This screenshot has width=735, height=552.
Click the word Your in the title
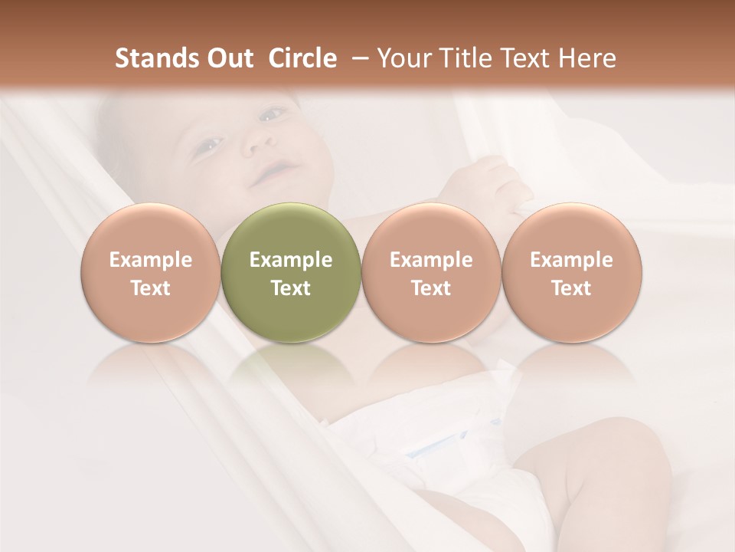[x=402, y=58]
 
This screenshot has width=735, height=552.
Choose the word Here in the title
[x=586, y=58]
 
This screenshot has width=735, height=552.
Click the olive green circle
[x=291, y=273]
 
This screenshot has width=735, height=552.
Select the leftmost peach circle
[x=150, y=273]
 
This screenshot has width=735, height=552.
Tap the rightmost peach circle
[x=571, y=273]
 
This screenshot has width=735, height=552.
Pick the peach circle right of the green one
[x=431, y=273]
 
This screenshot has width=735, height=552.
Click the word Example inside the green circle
[x=291, y=260]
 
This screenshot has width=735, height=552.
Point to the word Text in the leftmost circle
[x=150, y=288]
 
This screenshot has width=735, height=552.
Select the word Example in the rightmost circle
[x=571, y=260]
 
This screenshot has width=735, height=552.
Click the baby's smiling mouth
[x=275, y=171]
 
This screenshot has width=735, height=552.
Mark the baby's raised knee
[x=590, y=460]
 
